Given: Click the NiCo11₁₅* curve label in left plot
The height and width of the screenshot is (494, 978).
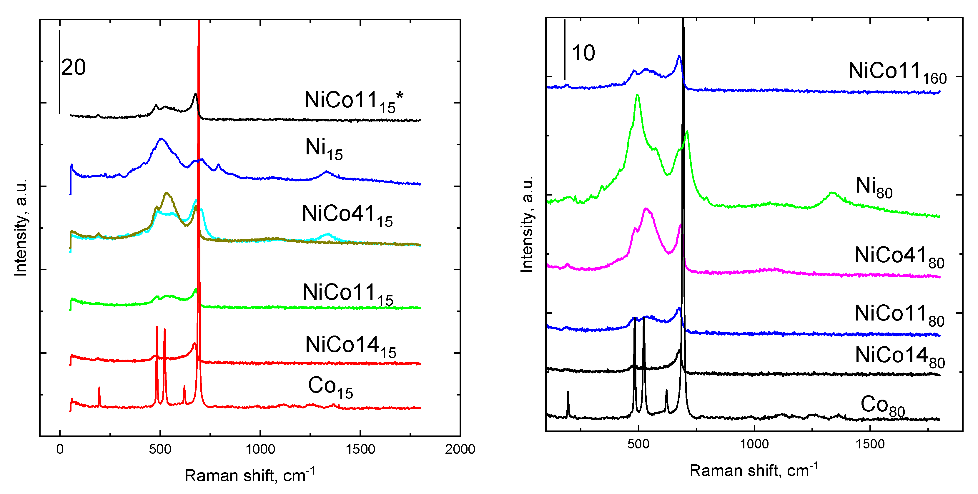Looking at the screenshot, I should pyautogui.click(x=353, y=101).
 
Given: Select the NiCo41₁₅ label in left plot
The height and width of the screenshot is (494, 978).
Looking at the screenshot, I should pyautogui.click(x=347, y=215).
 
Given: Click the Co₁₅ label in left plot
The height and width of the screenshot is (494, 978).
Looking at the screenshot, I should pyautogui.click(x=330, y=387).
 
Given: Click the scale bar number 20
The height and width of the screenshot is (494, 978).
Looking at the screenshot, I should pyautogui.click(x=74, y=68).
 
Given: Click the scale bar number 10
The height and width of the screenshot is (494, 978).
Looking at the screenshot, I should pyautogui.click(x=583, y=53).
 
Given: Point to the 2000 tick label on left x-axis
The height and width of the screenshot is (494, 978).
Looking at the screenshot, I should pyautogui.click(x=460, y=449).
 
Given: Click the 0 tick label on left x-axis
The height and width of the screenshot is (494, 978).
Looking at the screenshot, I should pyautogui.click(x=60, y=449).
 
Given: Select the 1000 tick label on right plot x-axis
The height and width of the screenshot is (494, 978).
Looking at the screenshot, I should pyautogui.click(x=754, y=444).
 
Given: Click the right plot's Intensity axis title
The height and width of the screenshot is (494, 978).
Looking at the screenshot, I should pyautogui.click(x=527, y=224).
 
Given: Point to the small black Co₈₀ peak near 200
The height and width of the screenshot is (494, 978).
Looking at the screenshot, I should pyautogui.click(x=568, y=392).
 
